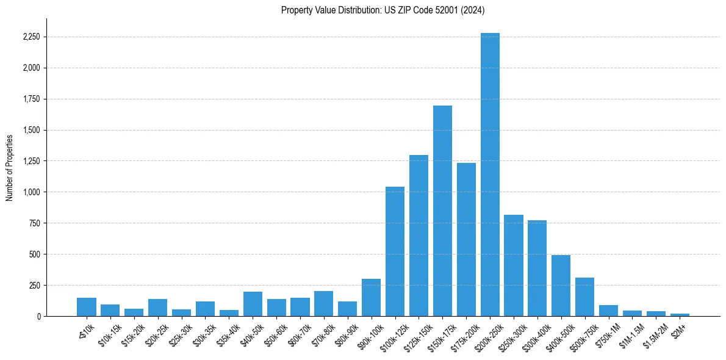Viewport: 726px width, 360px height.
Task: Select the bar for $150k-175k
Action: click(x=442, y=211)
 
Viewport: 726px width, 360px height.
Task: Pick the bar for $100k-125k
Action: click(x=395, y=251)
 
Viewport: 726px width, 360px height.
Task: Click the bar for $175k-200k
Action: click(x=466, y=239)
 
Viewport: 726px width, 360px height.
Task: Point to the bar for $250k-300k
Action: click(x=514, y=265)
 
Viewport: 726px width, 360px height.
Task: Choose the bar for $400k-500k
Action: click(x=561, y=286)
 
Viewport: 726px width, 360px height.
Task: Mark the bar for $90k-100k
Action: click(x=371, y=298)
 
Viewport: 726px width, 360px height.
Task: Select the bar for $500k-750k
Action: click(x=584, y=297)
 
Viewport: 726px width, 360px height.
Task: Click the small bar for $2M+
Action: click(x=680, y=315)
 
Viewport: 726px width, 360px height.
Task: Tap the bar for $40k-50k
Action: click(x=253, y=304)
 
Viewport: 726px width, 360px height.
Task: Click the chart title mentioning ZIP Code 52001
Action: click(x=383, y=10)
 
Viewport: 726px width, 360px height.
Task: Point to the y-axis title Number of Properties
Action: click(x=10, y=167)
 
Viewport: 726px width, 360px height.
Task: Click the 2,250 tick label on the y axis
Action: click(x=31, y=37)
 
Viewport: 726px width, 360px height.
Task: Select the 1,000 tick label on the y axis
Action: click(x=31, y=192)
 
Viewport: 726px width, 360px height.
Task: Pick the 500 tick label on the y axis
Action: click(x=34, y=254)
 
